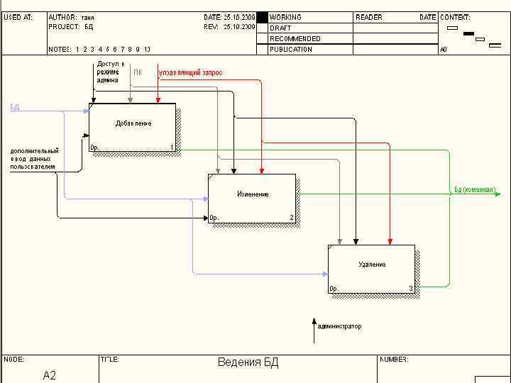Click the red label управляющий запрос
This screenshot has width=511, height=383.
(190, 72)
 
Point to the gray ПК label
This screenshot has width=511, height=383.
(138, 72)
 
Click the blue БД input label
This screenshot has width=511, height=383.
(15, 107)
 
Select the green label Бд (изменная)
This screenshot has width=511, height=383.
(474, 190)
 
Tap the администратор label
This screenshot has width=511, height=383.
(339, 326)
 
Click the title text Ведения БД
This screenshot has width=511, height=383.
(248, 363)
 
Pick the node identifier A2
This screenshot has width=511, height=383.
(49, 375)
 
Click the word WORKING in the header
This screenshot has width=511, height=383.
(285, 17)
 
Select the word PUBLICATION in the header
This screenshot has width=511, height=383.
(291, 50)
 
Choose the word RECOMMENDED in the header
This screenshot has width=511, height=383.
(295, 38)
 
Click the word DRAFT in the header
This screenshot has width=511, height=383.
(280, 28)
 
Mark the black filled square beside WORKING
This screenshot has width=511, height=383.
(262, 17)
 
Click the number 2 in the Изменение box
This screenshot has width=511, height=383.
(291, 218)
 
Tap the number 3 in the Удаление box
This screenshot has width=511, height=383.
(410, 289)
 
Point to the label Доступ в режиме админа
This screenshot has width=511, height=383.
(110, 72)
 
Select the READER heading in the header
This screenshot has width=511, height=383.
(368, 17)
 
